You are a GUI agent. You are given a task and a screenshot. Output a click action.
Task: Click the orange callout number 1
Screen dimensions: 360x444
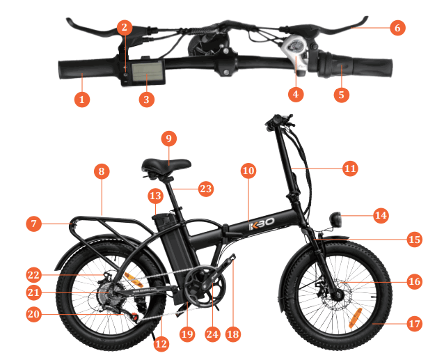point(81,100)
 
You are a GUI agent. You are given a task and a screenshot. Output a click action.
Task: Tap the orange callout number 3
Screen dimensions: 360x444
point(145,100)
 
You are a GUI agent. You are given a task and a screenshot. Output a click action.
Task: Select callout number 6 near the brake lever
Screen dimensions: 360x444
point(397,28)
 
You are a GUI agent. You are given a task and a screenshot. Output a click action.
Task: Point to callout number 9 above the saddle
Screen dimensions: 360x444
point(168,138)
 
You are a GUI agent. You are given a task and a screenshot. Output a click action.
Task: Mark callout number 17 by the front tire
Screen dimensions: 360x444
point(415,324)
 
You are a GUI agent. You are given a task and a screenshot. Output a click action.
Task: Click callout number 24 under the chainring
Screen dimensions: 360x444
point(212,334)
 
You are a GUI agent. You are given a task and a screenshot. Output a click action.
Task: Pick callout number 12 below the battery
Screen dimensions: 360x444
point(161,343)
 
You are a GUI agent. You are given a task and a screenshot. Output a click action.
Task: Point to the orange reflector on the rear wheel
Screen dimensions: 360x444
point(134,280)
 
